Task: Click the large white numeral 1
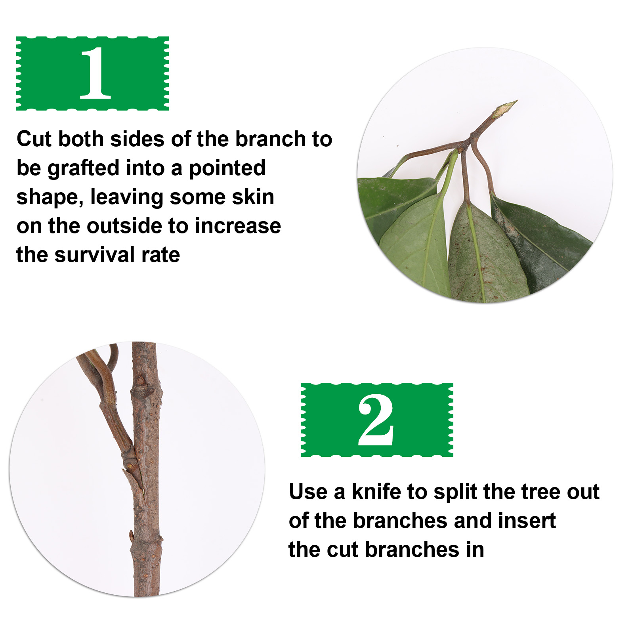click(95, 73)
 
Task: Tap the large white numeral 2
click(376, 420)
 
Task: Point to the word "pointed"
click(227, 168)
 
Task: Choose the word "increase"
click(238, 226)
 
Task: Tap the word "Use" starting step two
click(308, 492)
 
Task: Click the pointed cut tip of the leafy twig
click(516, 101)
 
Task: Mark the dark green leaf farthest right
click(541, 242)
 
